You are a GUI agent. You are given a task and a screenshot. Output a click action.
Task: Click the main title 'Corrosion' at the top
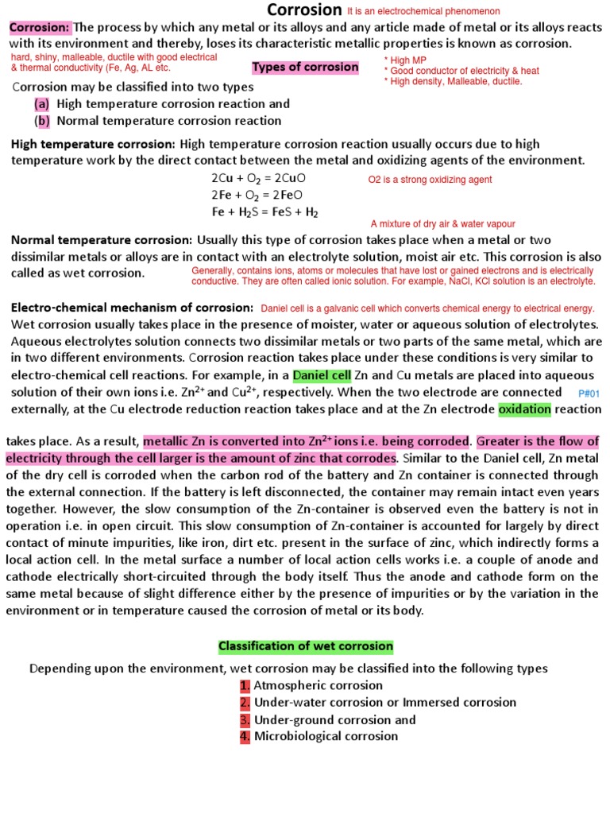304,10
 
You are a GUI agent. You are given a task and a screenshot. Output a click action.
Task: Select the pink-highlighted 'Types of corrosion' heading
305,68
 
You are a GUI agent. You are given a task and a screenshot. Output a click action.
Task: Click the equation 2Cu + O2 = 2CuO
259,178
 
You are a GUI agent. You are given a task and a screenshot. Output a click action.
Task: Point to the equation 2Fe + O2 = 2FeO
257,195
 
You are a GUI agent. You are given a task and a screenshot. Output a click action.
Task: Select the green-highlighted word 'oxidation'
524,409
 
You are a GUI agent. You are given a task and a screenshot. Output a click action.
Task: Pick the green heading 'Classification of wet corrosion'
306,646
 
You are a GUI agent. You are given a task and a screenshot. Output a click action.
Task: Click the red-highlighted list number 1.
245,685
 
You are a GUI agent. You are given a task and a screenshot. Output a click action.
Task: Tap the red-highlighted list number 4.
245,736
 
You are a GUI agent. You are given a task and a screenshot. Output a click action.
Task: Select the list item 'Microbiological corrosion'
326,736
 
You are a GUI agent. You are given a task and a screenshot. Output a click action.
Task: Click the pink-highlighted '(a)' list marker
42,104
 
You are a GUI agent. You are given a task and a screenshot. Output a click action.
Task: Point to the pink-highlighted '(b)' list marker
42,121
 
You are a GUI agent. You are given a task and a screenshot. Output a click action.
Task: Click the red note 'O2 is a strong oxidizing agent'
430,180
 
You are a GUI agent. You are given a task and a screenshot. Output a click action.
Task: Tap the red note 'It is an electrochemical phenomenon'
423,12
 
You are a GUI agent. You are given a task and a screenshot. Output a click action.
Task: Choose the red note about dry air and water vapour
442,224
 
